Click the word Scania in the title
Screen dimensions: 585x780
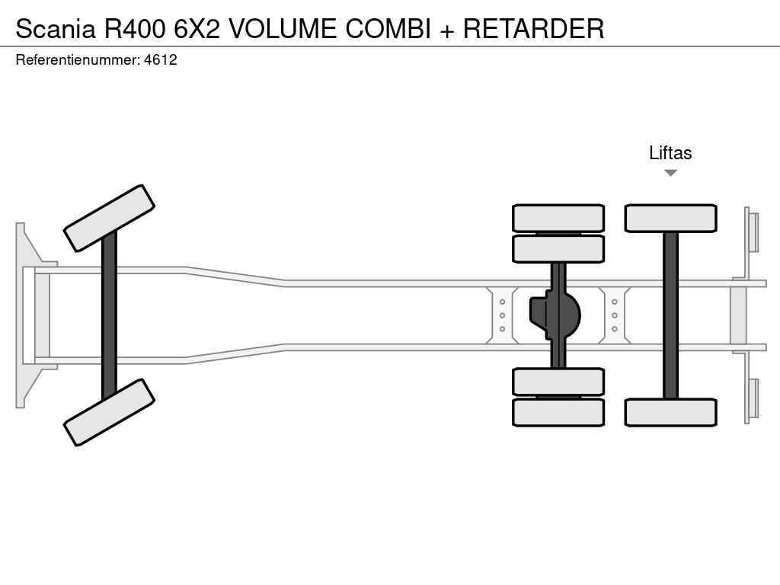pos(56,29)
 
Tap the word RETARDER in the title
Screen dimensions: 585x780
pos(533,29)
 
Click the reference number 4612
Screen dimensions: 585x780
pos(160,59)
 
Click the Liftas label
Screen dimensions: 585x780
pos(670,153)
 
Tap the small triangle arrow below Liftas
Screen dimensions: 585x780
pos(670,173)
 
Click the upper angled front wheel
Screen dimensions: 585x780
pos(109,218)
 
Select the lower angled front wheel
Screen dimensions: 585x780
pos(109,412)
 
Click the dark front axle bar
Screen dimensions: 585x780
pos(109,315)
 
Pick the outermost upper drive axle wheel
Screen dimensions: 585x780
pos(558,218)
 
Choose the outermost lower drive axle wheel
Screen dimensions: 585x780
pos(558,412)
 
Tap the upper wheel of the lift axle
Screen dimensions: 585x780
pos(670,218)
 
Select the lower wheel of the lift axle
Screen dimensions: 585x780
pos(670,412)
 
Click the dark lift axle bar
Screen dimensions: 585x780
pos(670,315)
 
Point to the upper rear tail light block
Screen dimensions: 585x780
pos(753,232)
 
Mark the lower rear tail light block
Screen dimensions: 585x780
pos(753,398)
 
